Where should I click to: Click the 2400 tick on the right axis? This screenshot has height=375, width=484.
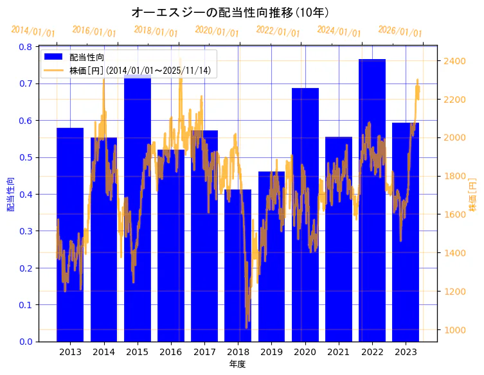(454, 61)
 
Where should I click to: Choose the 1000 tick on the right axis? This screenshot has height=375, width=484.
(454, 330)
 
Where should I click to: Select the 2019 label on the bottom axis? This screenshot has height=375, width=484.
(271, 352)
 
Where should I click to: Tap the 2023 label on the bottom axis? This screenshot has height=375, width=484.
(406, 352)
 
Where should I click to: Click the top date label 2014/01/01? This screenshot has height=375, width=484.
(33, 31)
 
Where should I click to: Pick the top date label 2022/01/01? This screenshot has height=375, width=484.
(278, 31)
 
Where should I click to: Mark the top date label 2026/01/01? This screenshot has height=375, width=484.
(400, 31)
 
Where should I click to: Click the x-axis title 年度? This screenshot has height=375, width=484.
(237, 364)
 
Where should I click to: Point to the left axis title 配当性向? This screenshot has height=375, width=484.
(11, 194)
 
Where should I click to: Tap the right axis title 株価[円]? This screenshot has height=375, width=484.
(473, 194)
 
